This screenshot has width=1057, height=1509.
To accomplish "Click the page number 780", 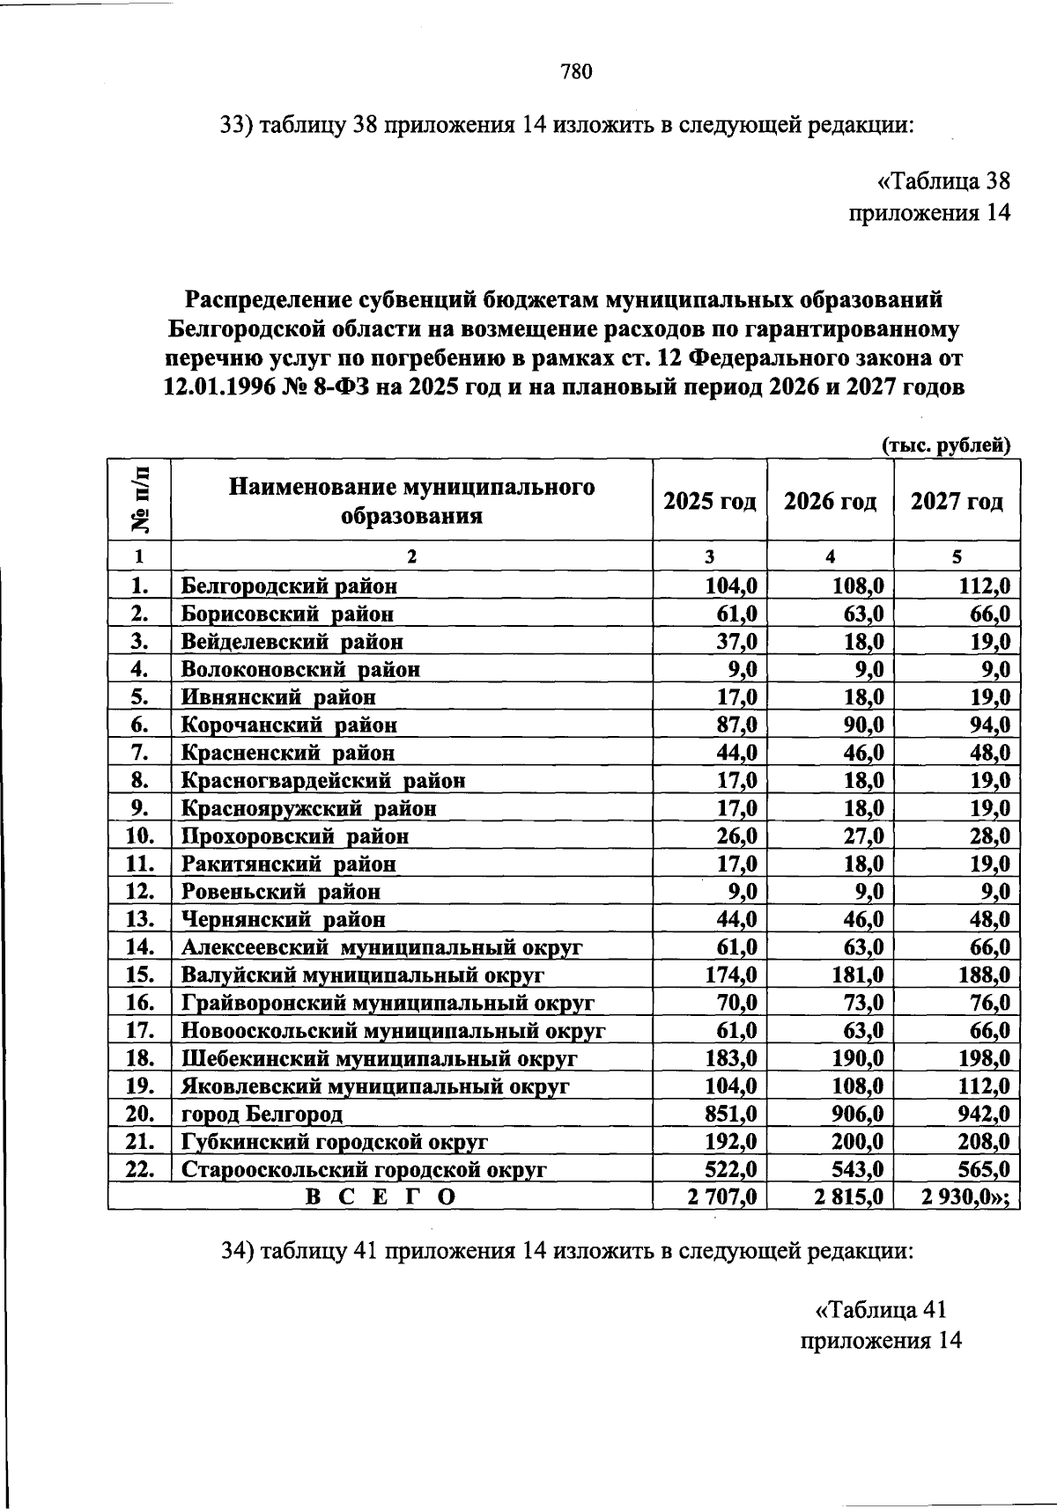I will [x=576, y=72].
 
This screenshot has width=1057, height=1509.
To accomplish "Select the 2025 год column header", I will [x=709, y=502].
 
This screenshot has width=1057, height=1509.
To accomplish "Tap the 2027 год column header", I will [x=957, y=502].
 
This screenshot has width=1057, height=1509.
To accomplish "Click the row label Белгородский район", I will [x=290, y=585].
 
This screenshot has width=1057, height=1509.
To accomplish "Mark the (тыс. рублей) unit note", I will [x=946, y=445].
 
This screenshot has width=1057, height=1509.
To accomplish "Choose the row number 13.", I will [x=140, y=919].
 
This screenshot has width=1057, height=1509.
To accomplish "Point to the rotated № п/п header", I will [x=140, y=499].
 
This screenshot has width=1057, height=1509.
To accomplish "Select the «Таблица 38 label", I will [x=942, y=181].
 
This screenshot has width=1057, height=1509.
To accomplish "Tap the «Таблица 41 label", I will [x=881, y=1310].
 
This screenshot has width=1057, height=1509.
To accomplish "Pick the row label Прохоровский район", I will [x=295, y=835].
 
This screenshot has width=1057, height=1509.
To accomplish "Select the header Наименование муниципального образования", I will [x=411, y=501].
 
